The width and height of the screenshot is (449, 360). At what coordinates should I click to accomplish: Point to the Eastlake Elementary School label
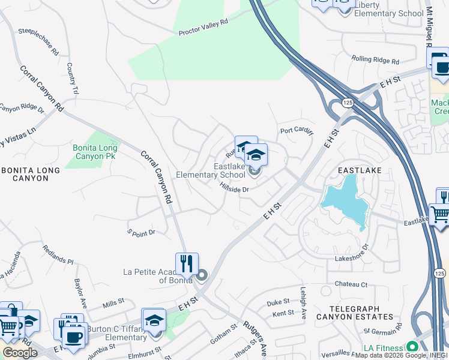pos(211,170)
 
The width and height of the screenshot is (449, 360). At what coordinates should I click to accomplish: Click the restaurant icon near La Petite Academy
pos(187,263)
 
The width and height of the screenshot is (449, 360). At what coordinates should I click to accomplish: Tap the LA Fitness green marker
pos(412,347)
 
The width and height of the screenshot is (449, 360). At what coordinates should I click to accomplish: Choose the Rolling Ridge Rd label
pos(375,61)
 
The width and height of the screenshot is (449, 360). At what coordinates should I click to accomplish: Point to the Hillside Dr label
pos(234,188)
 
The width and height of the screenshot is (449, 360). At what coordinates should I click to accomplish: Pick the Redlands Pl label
pos(58,254)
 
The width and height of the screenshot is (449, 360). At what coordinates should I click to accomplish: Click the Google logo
pos(20,353)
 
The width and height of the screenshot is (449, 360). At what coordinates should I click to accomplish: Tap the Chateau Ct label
pos(351,284)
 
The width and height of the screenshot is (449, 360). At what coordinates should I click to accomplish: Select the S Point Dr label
pos(141,232)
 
